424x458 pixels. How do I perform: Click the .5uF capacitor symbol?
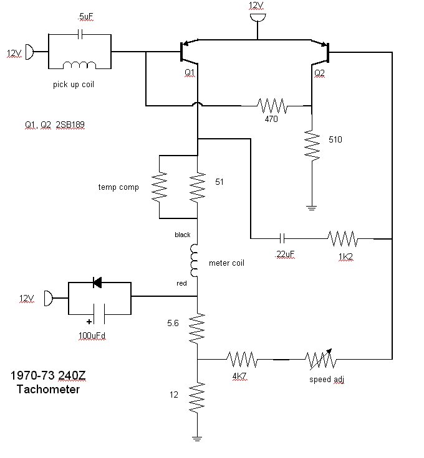click(80, 34)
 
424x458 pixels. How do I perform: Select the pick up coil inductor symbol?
click(80, 65)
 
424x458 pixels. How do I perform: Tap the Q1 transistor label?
click(190, 72)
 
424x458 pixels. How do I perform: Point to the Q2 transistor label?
click(319, 73)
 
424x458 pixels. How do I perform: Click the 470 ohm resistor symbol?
click(272, 105)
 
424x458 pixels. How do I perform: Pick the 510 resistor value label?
click(335, 139)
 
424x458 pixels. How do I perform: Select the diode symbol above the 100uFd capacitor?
click(97, 283)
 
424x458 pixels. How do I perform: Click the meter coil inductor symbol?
click(194, 261)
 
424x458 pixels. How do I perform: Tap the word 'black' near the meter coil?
click(182, 235)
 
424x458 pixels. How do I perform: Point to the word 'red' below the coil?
click(181, 283)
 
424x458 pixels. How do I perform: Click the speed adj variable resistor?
click(320, 359)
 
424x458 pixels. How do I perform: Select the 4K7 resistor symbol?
click(242, 359)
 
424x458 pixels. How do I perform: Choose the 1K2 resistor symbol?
click(343, 238)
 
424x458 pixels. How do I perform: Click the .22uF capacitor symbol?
click(282, 238)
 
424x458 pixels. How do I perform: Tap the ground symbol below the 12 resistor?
click(197, 439)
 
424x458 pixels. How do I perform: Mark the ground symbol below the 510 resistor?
click(312, 208)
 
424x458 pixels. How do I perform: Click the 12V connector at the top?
click(258, 17)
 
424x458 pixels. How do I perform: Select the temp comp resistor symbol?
click(160, 186)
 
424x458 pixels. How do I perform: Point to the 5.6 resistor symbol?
click(197, 329)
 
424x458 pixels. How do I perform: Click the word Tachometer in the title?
click(48, 390)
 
